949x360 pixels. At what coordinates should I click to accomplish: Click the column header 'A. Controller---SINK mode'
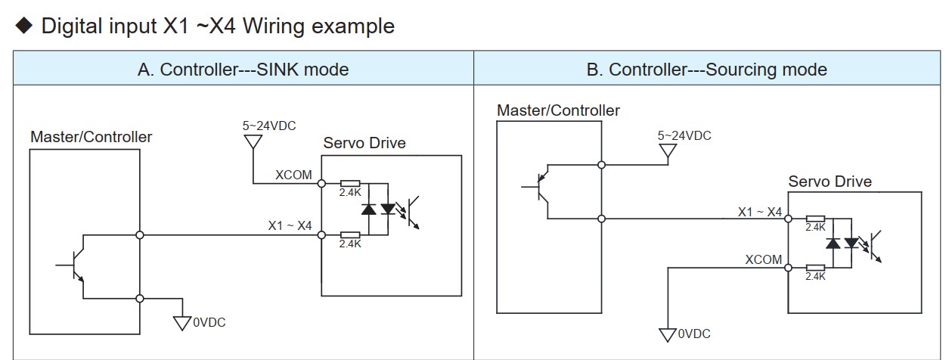(243, 70)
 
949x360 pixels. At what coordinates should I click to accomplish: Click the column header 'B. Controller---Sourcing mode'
(706, 70)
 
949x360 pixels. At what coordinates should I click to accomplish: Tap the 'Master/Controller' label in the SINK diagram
(91, 137)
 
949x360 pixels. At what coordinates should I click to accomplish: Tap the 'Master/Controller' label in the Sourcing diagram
(558, 110)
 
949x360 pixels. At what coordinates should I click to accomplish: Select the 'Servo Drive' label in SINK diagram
(364, 143)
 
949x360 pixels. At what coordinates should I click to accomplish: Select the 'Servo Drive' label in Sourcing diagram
(830, 182)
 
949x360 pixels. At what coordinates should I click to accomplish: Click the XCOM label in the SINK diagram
(293, 175)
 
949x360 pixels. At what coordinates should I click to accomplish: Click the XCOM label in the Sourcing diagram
(764, 259)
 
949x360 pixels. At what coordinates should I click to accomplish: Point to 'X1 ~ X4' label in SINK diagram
(290, 225)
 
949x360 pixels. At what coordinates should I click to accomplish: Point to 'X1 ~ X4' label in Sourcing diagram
(760, 213)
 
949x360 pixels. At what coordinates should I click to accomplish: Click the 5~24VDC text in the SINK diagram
(268, 126)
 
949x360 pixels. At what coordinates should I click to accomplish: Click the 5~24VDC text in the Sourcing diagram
(684, 135)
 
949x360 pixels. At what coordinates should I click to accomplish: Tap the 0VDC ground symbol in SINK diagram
(182, 323)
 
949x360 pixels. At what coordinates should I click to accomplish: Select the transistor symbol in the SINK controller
(76, 265)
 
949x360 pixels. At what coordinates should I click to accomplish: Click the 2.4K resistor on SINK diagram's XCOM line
(350, 183)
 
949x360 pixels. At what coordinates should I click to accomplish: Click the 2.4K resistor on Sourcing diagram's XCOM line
(815, 267)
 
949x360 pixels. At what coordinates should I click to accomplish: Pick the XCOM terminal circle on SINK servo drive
(321, 183)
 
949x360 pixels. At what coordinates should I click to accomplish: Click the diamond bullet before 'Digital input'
(24, 26)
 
